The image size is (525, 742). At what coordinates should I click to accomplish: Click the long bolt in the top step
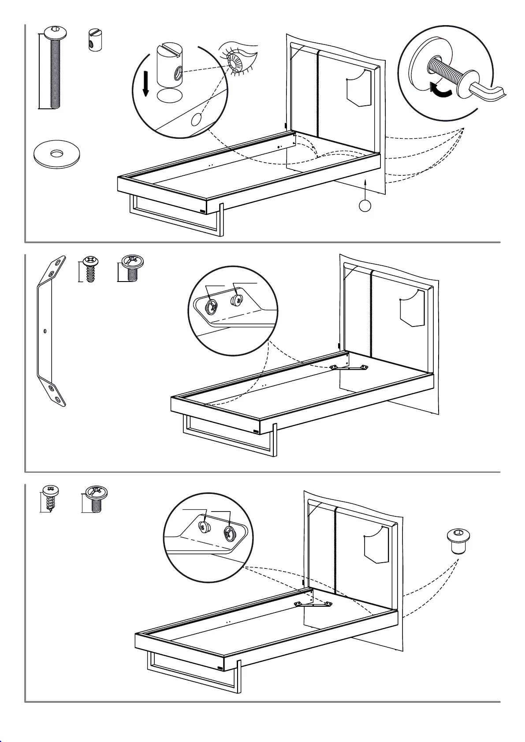coord(55,70)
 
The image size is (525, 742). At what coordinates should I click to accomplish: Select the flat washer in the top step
coord(56,154)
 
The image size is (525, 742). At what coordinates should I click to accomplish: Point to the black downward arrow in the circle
coord(146,84)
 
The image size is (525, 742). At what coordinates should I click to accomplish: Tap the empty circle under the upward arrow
coord(365,205)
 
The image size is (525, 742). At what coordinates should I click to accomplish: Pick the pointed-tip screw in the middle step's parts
coord(90,269)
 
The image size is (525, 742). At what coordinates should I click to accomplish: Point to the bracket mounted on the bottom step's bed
coord(313,605)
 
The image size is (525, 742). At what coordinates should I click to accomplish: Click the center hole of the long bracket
coord(45,330)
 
